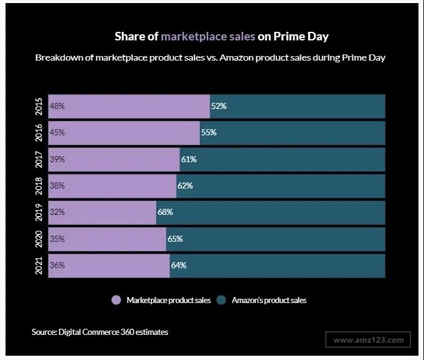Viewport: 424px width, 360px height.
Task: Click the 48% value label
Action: pyautogui.click(x=57, y=106)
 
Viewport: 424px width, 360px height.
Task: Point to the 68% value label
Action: pyautogui.click(x=165, y=212)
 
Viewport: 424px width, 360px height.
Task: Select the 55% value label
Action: pyautogui.click(x=209, y=132)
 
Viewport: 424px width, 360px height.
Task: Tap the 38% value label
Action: pyautogui.click(x=57, y=186)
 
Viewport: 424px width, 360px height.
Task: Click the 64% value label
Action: pyautogui.click(x=179, y=266)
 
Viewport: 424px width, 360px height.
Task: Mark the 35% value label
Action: pyautogui.click(x=57, y=239)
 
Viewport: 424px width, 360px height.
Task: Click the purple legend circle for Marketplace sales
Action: pyautogui.click(x=116, y=301)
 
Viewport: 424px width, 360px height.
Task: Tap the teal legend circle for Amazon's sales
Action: pyautogui.click(x=221, y=301)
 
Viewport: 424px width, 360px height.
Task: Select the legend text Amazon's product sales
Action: pyautogui.click(x=269, y=301)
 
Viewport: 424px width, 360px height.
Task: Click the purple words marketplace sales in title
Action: pyautogui.click(x=208, y=36)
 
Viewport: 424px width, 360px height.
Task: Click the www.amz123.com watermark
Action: pyautogui.click(x=369, y=340)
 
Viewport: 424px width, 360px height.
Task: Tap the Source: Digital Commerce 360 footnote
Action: pyautogui.click(x=100, y=332)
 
